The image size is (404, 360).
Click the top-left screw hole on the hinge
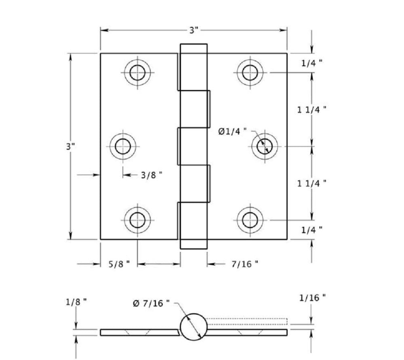[x=137, y=73]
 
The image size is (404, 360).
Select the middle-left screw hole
[x=123, y=146]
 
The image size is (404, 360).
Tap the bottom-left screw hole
[x=137, y=220]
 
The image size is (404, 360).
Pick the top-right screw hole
[x=250, y=73]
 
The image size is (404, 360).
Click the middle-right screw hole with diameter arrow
[x=265, y=146]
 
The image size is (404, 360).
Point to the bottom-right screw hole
[x=250, y=220]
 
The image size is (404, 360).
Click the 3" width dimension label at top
[x=194, y=30]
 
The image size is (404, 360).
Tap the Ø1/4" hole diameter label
[x=232, y=132]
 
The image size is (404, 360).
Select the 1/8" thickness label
[x=76, y=302]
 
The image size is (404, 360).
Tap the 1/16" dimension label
[x=312, y=298]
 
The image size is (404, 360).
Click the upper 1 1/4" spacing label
[x=312, y=110]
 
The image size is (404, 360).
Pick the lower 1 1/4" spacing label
[x=312, y=183]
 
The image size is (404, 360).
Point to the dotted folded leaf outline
[x=246, y=322]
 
